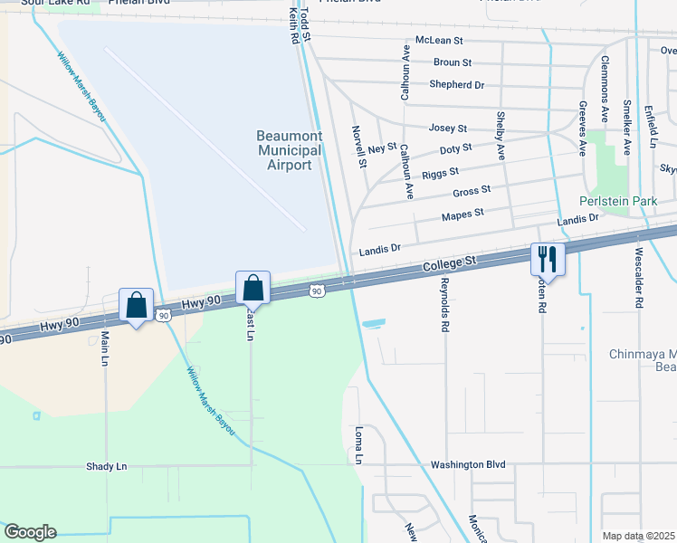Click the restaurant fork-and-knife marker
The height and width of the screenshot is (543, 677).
point(548,259)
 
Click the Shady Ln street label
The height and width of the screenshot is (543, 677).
point(107,466)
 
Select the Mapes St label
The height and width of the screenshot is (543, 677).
point(462,214)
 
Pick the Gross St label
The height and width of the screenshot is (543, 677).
point(472,190)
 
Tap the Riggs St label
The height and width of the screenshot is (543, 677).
point(441,171)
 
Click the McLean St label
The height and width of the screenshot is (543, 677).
point(439,41)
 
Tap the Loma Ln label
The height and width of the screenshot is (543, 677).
point(358,444)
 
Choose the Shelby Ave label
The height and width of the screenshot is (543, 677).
point(501,137)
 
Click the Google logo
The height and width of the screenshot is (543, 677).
point(30,533)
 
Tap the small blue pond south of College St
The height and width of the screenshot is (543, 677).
point(373,322)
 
